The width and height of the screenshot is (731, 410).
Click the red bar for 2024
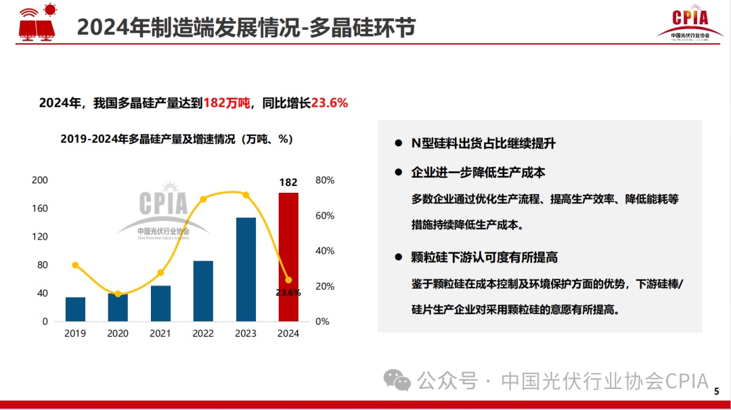click(x=288, y=257)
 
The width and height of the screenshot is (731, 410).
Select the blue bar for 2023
click(x=246, y=269)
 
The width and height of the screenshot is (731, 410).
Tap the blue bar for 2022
click(x=203, y=291)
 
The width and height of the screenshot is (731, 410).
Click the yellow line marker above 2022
click(x=203, y=199)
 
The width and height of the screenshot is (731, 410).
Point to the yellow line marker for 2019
click(x=75, y=265)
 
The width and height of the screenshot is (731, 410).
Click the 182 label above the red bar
click(x=288, y=182)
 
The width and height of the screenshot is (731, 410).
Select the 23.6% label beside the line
click(x=288, y=292)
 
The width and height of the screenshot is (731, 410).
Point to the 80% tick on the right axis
click(x=325, y=181)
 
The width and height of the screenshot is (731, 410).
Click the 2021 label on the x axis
click(x=160, y=334)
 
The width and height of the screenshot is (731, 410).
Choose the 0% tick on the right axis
click(x=322, y=322)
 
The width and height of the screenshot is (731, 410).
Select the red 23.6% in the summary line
click(x=329, y=104)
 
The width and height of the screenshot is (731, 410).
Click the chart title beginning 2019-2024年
click(x=176, y=139)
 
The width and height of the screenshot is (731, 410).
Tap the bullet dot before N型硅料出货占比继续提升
click(x=399, y=144)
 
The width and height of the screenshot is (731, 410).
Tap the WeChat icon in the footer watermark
click(x=397, y=380)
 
